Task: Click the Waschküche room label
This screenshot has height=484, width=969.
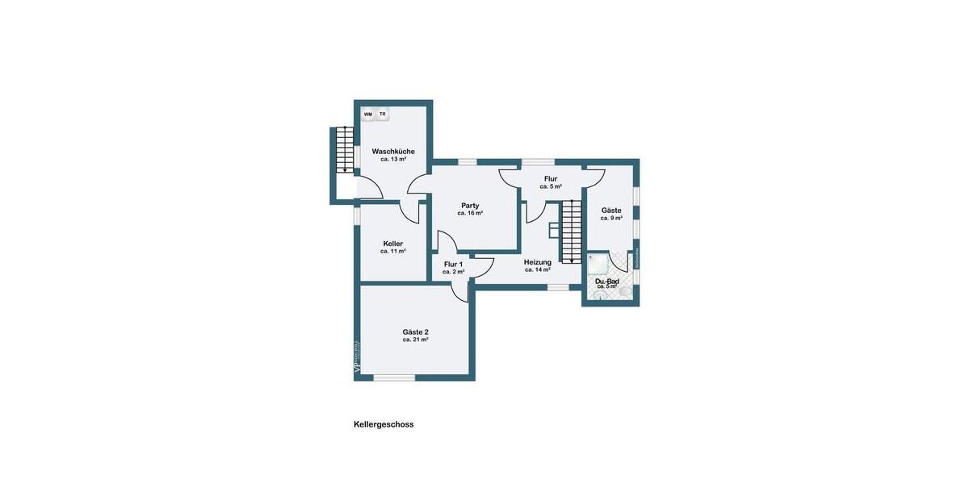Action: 393,152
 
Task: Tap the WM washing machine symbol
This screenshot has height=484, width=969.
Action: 368,115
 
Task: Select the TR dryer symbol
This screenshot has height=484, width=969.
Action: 383,115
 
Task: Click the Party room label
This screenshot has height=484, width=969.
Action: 470,205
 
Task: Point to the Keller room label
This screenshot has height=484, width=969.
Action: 393,244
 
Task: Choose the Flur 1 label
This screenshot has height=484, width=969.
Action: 454,264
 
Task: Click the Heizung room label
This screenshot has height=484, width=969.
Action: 537,262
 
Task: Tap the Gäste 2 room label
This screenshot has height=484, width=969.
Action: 415,332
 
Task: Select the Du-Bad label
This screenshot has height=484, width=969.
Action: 607,281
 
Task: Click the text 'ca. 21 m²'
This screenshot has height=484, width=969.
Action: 415,340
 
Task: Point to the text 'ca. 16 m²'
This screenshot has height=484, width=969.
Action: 470,214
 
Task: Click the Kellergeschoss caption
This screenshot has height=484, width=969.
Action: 384,424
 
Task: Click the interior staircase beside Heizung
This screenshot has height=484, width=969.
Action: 572,232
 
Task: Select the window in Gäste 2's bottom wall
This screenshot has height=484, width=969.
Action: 394,378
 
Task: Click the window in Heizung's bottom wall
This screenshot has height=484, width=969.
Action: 558,286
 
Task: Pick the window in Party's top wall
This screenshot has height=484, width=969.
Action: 468,162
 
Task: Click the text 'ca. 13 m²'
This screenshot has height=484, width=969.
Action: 393,160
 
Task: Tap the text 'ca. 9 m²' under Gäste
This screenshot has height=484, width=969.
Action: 611,219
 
